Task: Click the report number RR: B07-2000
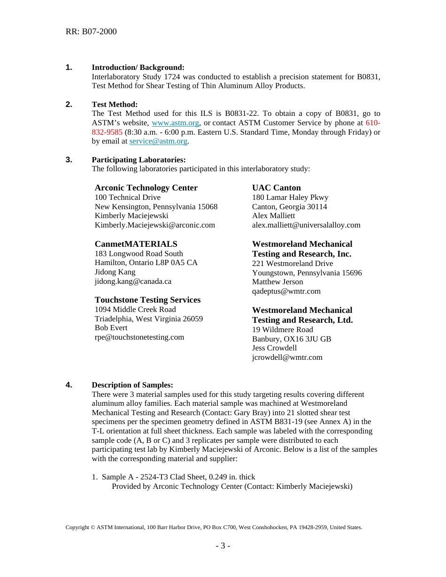tap(91, 31)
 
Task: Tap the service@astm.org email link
tap(158, 141)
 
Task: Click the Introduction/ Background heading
tap(138, 68)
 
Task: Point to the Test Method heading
tap(115, 104)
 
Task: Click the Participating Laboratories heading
tap(138, 159)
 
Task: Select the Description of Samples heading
tap(132, 385)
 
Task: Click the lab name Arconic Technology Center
tap(146, 188)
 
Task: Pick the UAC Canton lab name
tap(276, 188)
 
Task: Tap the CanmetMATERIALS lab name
tap(136, 244)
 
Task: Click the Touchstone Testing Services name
tap(147, 300)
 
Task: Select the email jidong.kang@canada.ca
tap(133, 281)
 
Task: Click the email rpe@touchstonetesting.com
tap(139, 337)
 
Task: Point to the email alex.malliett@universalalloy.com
tap(306, 225)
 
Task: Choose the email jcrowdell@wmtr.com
tap(287, 357)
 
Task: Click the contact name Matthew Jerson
tap(277, 282)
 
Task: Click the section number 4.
tap(69, 385)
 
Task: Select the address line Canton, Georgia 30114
tap(289, 207)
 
